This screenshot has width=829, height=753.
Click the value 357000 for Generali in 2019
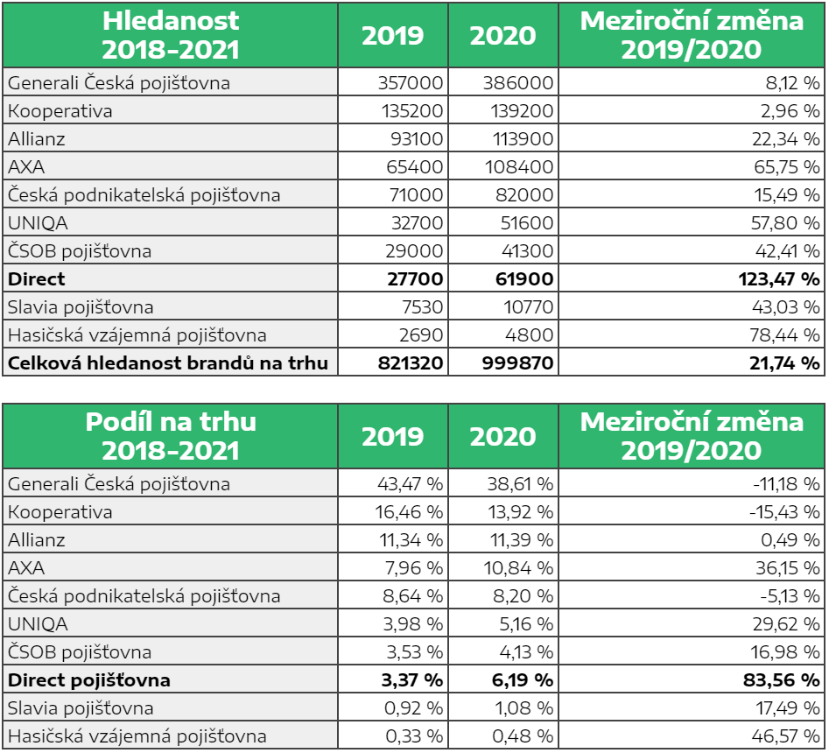click(411, 82)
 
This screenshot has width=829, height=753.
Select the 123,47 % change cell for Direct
click(779, 278)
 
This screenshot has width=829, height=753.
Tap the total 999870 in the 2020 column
click(517, 362)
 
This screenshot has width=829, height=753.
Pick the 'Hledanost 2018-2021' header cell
click(170, 35)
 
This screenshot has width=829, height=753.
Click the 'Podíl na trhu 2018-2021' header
click(170, 436)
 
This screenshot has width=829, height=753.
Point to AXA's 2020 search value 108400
click(519, 166)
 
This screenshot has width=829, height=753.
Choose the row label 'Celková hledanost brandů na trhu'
click(168, 362)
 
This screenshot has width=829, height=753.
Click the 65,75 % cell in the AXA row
click(787, 166)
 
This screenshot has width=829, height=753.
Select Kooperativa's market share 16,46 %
click(409, 512)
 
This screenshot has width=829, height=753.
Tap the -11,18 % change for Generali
click(786, 484)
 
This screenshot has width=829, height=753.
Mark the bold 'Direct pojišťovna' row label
click(89, 680)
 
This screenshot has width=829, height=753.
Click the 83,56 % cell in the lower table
click(782, 680)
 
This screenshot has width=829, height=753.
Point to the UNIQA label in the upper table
click(38, 222)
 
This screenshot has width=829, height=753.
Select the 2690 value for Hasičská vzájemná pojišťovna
click(421, 334)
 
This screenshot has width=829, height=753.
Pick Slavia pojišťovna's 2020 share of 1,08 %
click(524, 708)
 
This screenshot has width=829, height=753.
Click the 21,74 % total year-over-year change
click(784, 362)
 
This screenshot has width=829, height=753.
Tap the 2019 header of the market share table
click(393, 436)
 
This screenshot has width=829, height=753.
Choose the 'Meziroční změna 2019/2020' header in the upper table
click(692, 35)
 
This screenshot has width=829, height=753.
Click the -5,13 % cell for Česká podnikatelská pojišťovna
click(790, 596)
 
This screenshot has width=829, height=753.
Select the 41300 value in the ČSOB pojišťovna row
click(528, 250)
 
